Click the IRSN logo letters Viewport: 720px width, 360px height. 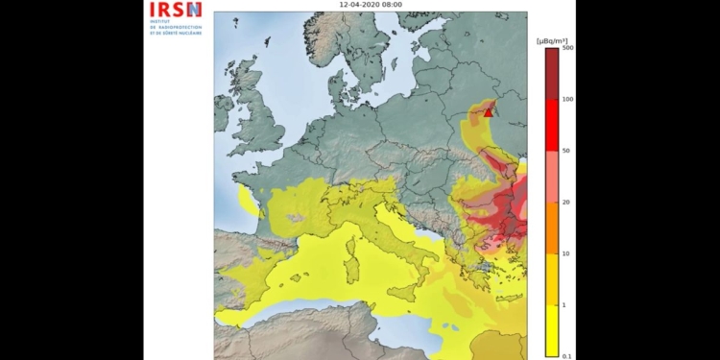click(175, 11)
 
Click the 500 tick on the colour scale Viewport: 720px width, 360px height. click(567, 48)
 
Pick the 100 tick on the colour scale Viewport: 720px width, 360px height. click(567, 99)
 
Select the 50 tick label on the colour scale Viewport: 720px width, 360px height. click(566, 151)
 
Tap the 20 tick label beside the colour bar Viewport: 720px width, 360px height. click(566, 203)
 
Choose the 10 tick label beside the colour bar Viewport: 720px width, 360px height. click(566, 253)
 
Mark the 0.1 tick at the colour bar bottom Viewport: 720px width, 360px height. click(567, 356)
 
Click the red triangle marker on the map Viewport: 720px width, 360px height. click(489, 112)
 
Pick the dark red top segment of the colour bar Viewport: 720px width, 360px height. click(552, 73)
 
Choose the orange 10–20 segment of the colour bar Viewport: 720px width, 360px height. click(552, 228)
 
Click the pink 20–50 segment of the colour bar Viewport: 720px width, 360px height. click(552, 177)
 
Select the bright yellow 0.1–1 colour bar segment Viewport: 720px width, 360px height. click(552, 330)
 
